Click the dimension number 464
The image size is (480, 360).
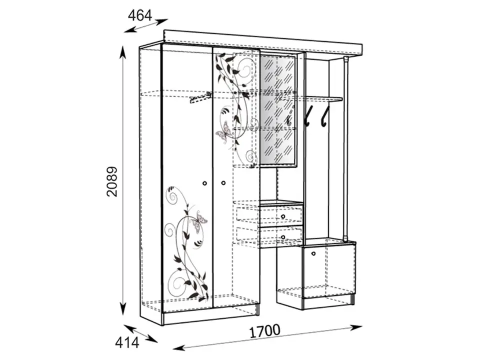click(x=140, y=15)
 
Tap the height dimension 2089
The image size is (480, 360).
click(x=112, y=181)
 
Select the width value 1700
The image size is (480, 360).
click(x=265, y=331)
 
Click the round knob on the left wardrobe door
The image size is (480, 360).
click(x=205, y=183)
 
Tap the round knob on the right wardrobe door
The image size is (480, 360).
click(x=223, y=183)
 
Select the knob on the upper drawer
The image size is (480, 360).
click(x=283, y=216)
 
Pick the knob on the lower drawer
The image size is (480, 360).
click(x=283, y=236)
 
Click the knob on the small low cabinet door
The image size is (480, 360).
click(x=313, y=253)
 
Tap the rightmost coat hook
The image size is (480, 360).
click(x=324, y=116)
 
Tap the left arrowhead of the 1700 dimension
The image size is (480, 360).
click(x=180, y=348)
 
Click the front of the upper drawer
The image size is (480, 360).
click(x=280, y=215)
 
